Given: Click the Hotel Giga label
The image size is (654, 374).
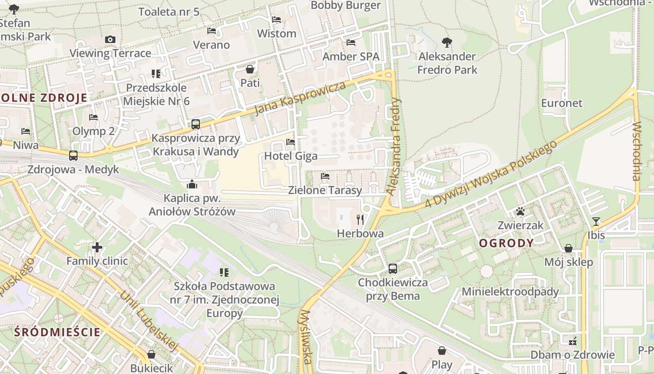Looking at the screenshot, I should tap(291, 156).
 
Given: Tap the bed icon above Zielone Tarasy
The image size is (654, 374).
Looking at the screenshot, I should tap(325, 176).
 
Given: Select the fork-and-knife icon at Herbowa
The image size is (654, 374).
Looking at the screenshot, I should tap(360, 219).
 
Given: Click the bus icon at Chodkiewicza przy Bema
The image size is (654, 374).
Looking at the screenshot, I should tap(393, 269).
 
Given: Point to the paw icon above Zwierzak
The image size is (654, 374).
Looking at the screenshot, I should tap(520, 211).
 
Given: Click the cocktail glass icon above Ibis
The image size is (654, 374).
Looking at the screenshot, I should tap(596, 221).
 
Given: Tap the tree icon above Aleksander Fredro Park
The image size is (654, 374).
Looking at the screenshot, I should tap(447, 43).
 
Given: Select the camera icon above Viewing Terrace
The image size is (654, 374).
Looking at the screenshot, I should tap(110, 39).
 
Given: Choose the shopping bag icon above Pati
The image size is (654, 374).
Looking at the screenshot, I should tap(250, 69).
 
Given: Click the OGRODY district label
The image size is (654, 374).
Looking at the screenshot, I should tap(506, 243).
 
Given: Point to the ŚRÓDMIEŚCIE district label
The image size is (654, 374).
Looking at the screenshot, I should tap(57, 332).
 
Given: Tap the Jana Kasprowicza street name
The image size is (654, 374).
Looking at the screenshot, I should tap(300, 99).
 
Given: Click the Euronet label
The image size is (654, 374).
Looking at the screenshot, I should tap(562, 103).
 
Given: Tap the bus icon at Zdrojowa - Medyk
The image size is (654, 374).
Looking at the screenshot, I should tap(73, 156).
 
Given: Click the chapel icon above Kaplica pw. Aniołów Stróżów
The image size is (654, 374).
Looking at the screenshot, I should tap(192, 184).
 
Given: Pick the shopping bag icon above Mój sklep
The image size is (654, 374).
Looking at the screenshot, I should tap(569, 248).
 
